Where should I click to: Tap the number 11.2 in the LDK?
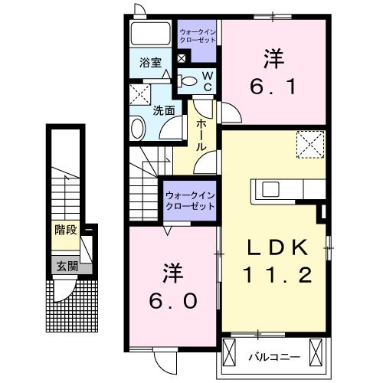tap(277, 275)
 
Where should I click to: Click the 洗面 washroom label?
tap(163, 110)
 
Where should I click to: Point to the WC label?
tap(207, 79)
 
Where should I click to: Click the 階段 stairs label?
tap(66, 229)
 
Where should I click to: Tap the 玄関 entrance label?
tap(66, 267)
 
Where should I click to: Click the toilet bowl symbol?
tap(187, 80)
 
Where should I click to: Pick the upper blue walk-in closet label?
tap(198, 35)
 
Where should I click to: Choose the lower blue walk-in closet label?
tap(189, 200)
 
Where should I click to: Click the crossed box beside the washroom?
tap(139, 95)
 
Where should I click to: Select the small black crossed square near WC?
tap(182, 57)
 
